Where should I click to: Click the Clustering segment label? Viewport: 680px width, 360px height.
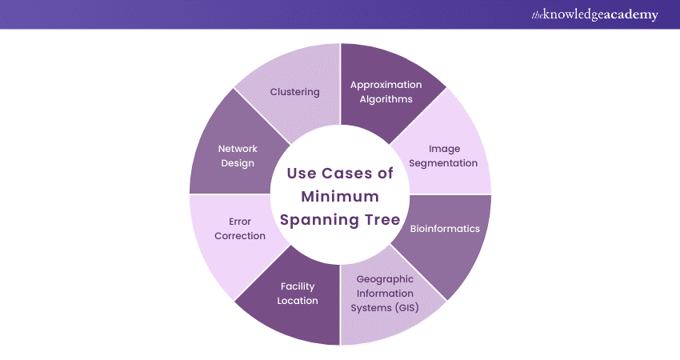tap(294, 92)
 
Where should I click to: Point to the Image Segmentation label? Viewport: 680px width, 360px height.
tap(444, 156)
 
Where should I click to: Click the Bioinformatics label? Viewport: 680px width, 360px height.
tap(445, 229)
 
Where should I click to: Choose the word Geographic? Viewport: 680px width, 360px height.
tap(385, 279)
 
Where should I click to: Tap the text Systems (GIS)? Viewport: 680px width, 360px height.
tap(385, 308)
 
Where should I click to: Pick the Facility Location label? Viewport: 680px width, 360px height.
tap(298, 294)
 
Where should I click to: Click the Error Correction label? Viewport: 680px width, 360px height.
tap(240, 229)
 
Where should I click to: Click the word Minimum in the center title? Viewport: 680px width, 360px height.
tap(340, 197)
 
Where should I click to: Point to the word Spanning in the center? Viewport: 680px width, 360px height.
tap(321, 220)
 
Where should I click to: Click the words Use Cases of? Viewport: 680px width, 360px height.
tap(340, 174)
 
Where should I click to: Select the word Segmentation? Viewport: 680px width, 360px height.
tap(444, 163)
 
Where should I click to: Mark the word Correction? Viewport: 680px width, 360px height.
tap(240, 236)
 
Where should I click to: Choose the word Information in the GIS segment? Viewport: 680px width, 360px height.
tap(385, 294)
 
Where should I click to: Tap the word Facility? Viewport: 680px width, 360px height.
tap(298, 286)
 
